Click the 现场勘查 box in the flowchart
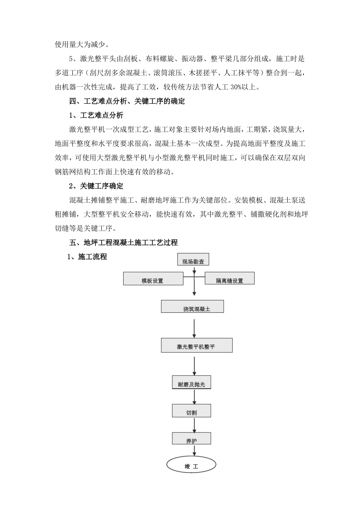(193, 259)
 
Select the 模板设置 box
(153, 279)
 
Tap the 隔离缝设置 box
(230, 279)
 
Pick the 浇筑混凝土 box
(193, 306)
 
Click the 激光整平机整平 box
(197, 345)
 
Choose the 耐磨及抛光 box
(191, 383)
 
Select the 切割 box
(191, 411)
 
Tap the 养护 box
(191, 439)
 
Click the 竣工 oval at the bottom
(191, 465)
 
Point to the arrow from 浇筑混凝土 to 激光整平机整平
(194, 328)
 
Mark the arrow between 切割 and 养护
(194, 425)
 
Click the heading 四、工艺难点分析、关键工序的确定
(127, 101)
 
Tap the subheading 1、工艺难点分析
(96, 115)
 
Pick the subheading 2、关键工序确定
(96, 186)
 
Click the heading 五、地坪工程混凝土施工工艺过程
(123, 242)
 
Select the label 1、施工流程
(87, 257)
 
